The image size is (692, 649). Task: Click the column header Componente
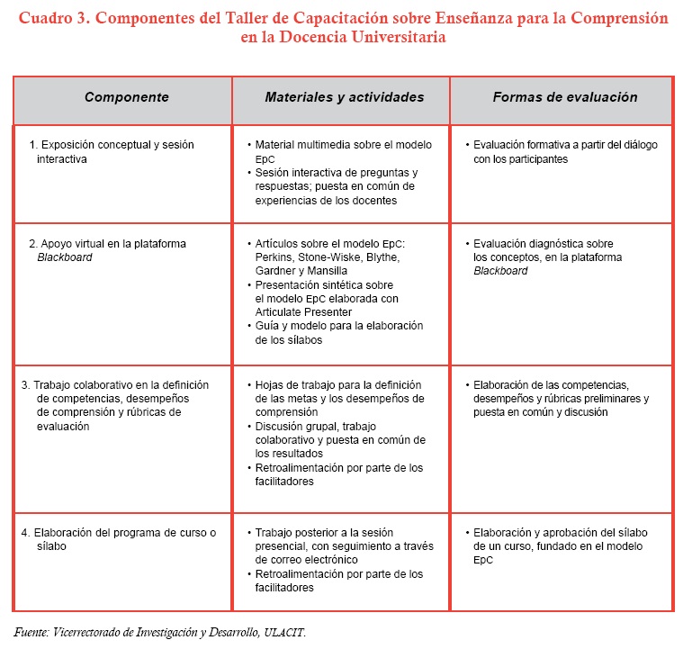(126, 98)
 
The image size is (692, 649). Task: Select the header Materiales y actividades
(344, 98)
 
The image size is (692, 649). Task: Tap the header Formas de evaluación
(564, 98)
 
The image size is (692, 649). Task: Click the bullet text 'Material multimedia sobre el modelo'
(343, 145)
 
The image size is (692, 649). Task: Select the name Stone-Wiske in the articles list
(327, 257)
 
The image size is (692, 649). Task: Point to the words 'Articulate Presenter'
(301, 311)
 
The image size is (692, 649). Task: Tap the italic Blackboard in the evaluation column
(500, 271)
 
